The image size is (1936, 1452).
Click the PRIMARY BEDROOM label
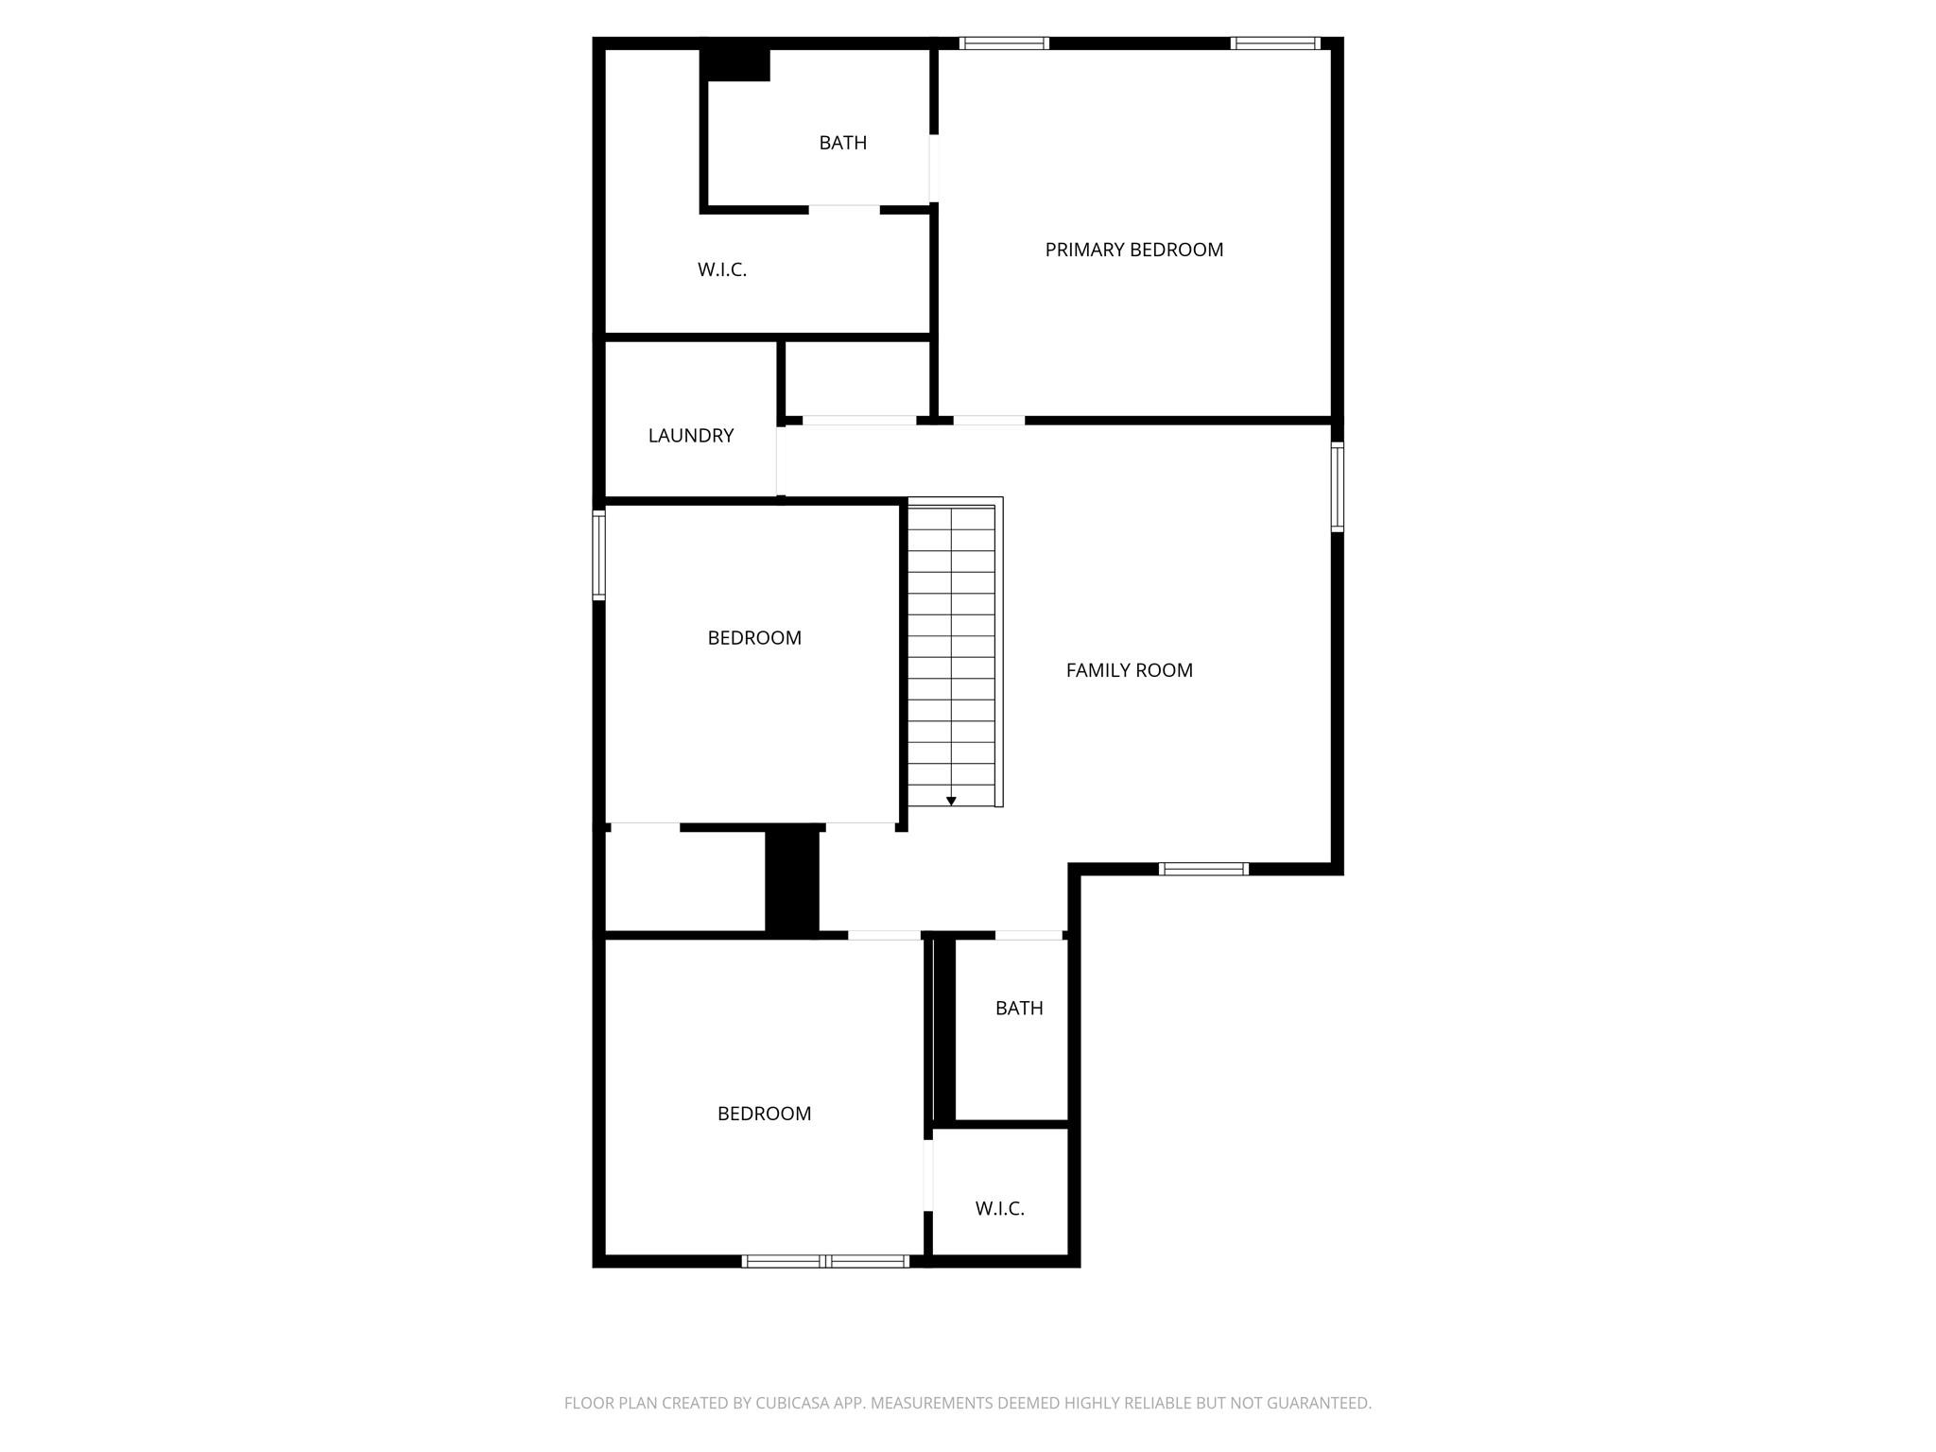1133,250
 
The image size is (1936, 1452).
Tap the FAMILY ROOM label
1129,670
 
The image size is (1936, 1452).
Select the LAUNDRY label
690,436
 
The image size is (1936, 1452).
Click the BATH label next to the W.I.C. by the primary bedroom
842,143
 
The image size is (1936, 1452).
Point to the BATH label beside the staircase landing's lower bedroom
1019,1008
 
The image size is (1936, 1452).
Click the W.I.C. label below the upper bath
722,269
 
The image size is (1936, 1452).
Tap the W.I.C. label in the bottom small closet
999,1208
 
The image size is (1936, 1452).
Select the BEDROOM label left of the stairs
754,638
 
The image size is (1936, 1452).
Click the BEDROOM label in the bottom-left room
764,1114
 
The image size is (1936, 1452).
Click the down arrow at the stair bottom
951,801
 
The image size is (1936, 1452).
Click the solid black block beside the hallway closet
791,880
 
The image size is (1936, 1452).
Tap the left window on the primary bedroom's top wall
1004,43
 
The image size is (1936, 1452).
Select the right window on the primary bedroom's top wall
1275,43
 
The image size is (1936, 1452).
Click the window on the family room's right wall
1337,487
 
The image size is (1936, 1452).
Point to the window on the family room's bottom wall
1203,869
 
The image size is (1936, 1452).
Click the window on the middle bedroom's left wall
598,555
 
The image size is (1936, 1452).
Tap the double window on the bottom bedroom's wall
825,1260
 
